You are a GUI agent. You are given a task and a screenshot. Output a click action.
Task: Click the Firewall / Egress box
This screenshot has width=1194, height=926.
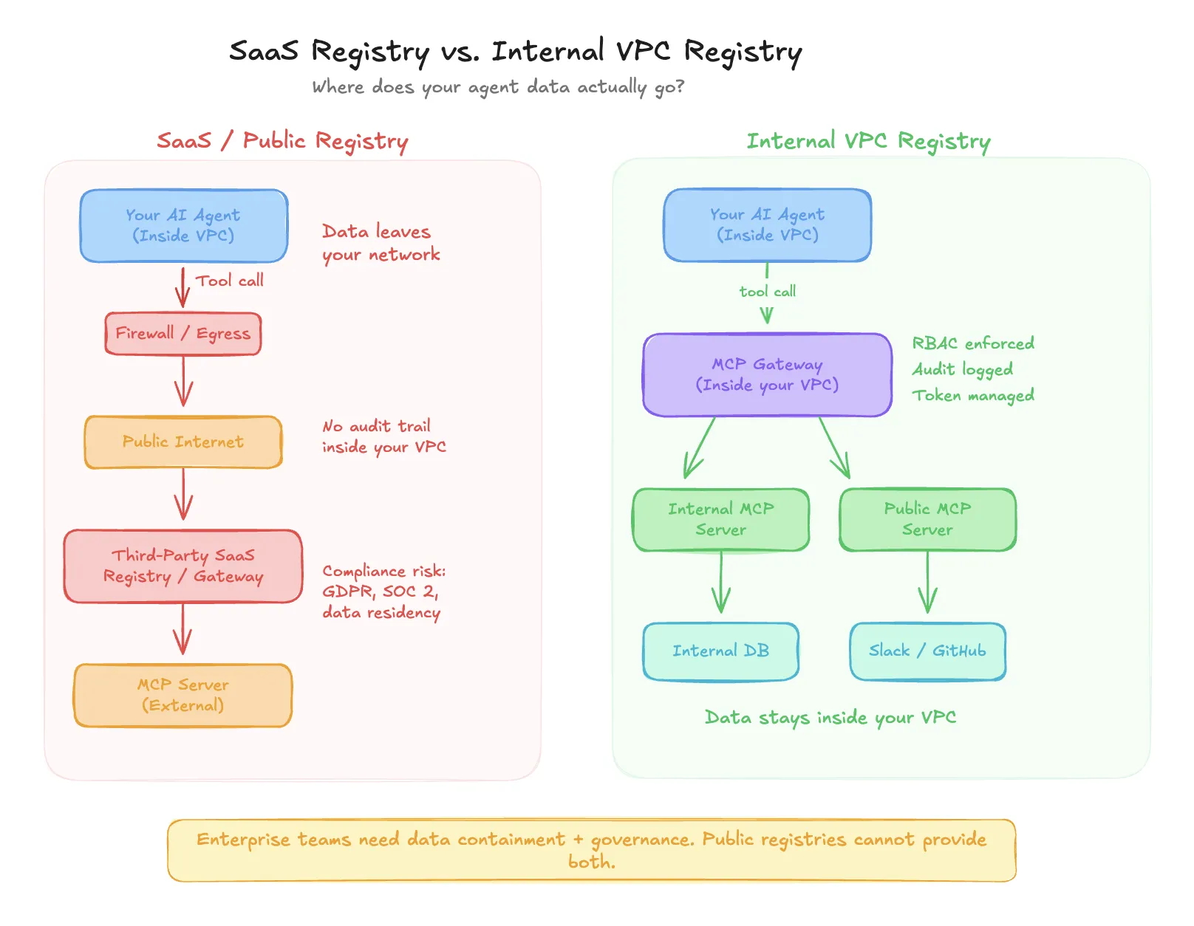pyautogui.click(x=183, y=334)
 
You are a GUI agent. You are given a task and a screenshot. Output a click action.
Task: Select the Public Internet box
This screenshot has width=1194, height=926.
pyautogui.click(x=183, y=442)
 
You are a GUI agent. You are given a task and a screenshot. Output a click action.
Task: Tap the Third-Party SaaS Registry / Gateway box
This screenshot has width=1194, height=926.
pyautogui.click(x=183, y=566)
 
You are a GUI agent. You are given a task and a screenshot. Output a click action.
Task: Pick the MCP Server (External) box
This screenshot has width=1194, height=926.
pyautogui.click(x=183, y=695)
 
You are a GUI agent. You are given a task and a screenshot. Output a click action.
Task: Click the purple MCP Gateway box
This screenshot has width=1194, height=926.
pyautogui.click(x=767, y=374)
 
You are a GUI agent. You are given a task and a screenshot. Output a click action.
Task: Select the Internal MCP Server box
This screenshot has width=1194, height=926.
pyautogui.click(x=720, y=519)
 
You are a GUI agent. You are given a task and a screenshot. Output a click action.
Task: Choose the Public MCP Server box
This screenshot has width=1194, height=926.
pyautogui.click(x=927, y=519)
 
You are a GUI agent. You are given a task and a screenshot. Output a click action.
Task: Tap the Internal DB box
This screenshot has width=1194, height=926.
pyautogui.click(x=720, y=651)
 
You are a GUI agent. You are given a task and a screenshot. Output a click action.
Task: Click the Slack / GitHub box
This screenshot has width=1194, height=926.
pyautogui.click(x=927, y=651)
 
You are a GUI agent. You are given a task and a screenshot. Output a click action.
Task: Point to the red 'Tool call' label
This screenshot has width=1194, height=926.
pyautogui.click(x=230, y=281)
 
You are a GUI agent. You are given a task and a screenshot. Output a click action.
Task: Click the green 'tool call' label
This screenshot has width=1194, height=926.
pyautogui.click(x=768, y=292)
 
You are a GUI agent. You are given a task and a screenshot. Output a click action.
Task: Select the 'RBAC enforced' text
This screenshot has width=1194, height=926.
pyautogui.click(x=972, y=343)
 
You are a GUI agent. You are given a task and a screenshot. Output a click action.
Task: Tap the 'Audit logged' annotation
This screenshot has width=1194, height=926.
pyautogui.click(x=962, y=369)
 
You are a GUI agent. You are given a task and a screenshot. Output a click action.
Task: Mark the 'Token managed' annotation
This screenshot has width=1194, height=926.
pyautogui.click(x=972, y=395)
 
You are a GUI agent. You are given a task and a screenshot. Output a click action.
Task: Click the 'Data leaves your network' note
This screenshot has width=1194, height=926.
pyautogui.click(x=381, y=243)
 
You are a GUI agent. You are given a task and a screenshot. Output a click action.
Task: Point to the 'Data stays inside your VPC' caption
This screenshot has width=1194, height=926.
pyautogui.click(x=830, y=717)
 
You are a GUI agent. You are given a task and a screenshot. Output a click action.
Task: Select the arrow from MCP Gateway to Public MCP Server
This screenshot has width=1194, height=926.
pyautogui.click(x=835, y=447)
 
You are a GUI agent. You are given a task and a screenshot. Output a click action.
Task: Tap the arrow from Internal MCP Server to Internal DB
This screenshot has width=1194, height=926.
pyautogui.click(x=721, y=583)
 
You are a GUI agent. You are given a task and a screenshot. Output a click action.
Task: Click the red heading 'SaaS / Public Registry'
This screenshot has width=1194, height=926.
pyautogui.click(x=282, y=140)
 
